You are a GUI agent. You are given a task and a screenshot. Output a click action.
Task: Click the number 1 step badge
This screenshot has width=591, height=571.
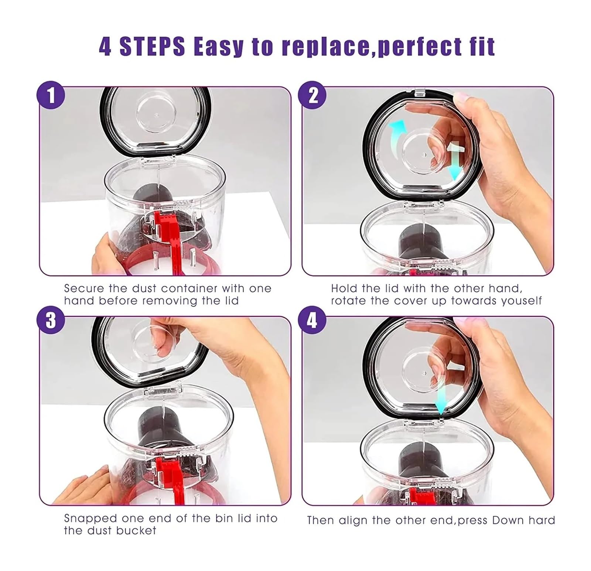[51, 95]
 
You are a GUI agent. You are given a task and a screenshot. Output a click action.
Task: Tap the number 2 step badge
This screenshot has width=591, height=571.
[313, 95]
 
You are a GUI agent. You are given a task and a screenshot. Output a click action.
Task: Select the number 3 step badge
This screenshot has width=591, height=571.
[51, 320]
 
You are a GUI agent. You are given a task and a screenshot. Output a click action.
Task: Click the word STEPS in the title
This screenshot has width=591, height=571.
[152, 47]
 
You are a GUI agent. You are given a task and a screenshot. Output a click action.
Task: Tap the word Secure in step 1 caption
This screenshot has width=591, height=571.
[84, 288]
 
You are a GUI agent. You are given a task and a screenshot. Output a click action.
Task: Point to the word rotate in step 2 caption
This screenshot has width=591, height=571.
[349, 301]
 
